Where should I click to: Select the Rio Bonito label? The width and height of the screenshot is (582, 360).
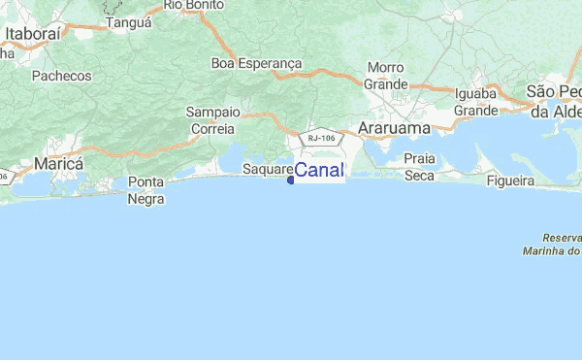coord(194,5)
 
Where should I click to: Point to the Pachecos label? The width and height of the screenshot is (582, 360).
coord(61,76)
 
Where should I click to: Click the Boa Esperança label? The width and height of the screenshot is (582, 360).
coord(257,64)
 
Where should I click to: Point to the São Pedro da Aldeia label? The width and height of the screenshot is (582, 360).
coord(553,101)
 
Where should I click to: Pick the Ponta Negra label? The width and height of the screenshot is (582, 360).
coord(145,191)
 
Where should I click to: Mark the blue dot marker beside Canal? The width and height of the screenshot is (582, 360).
coord(290,180)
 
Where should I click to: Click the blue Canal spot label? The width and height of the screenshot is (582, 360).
coord(318,172)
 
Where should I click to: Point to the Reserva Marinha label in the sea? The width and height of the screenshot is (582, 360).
coord(561,245)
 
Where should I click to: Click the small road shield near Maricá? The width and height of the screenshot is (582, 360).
coord(3,177)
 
